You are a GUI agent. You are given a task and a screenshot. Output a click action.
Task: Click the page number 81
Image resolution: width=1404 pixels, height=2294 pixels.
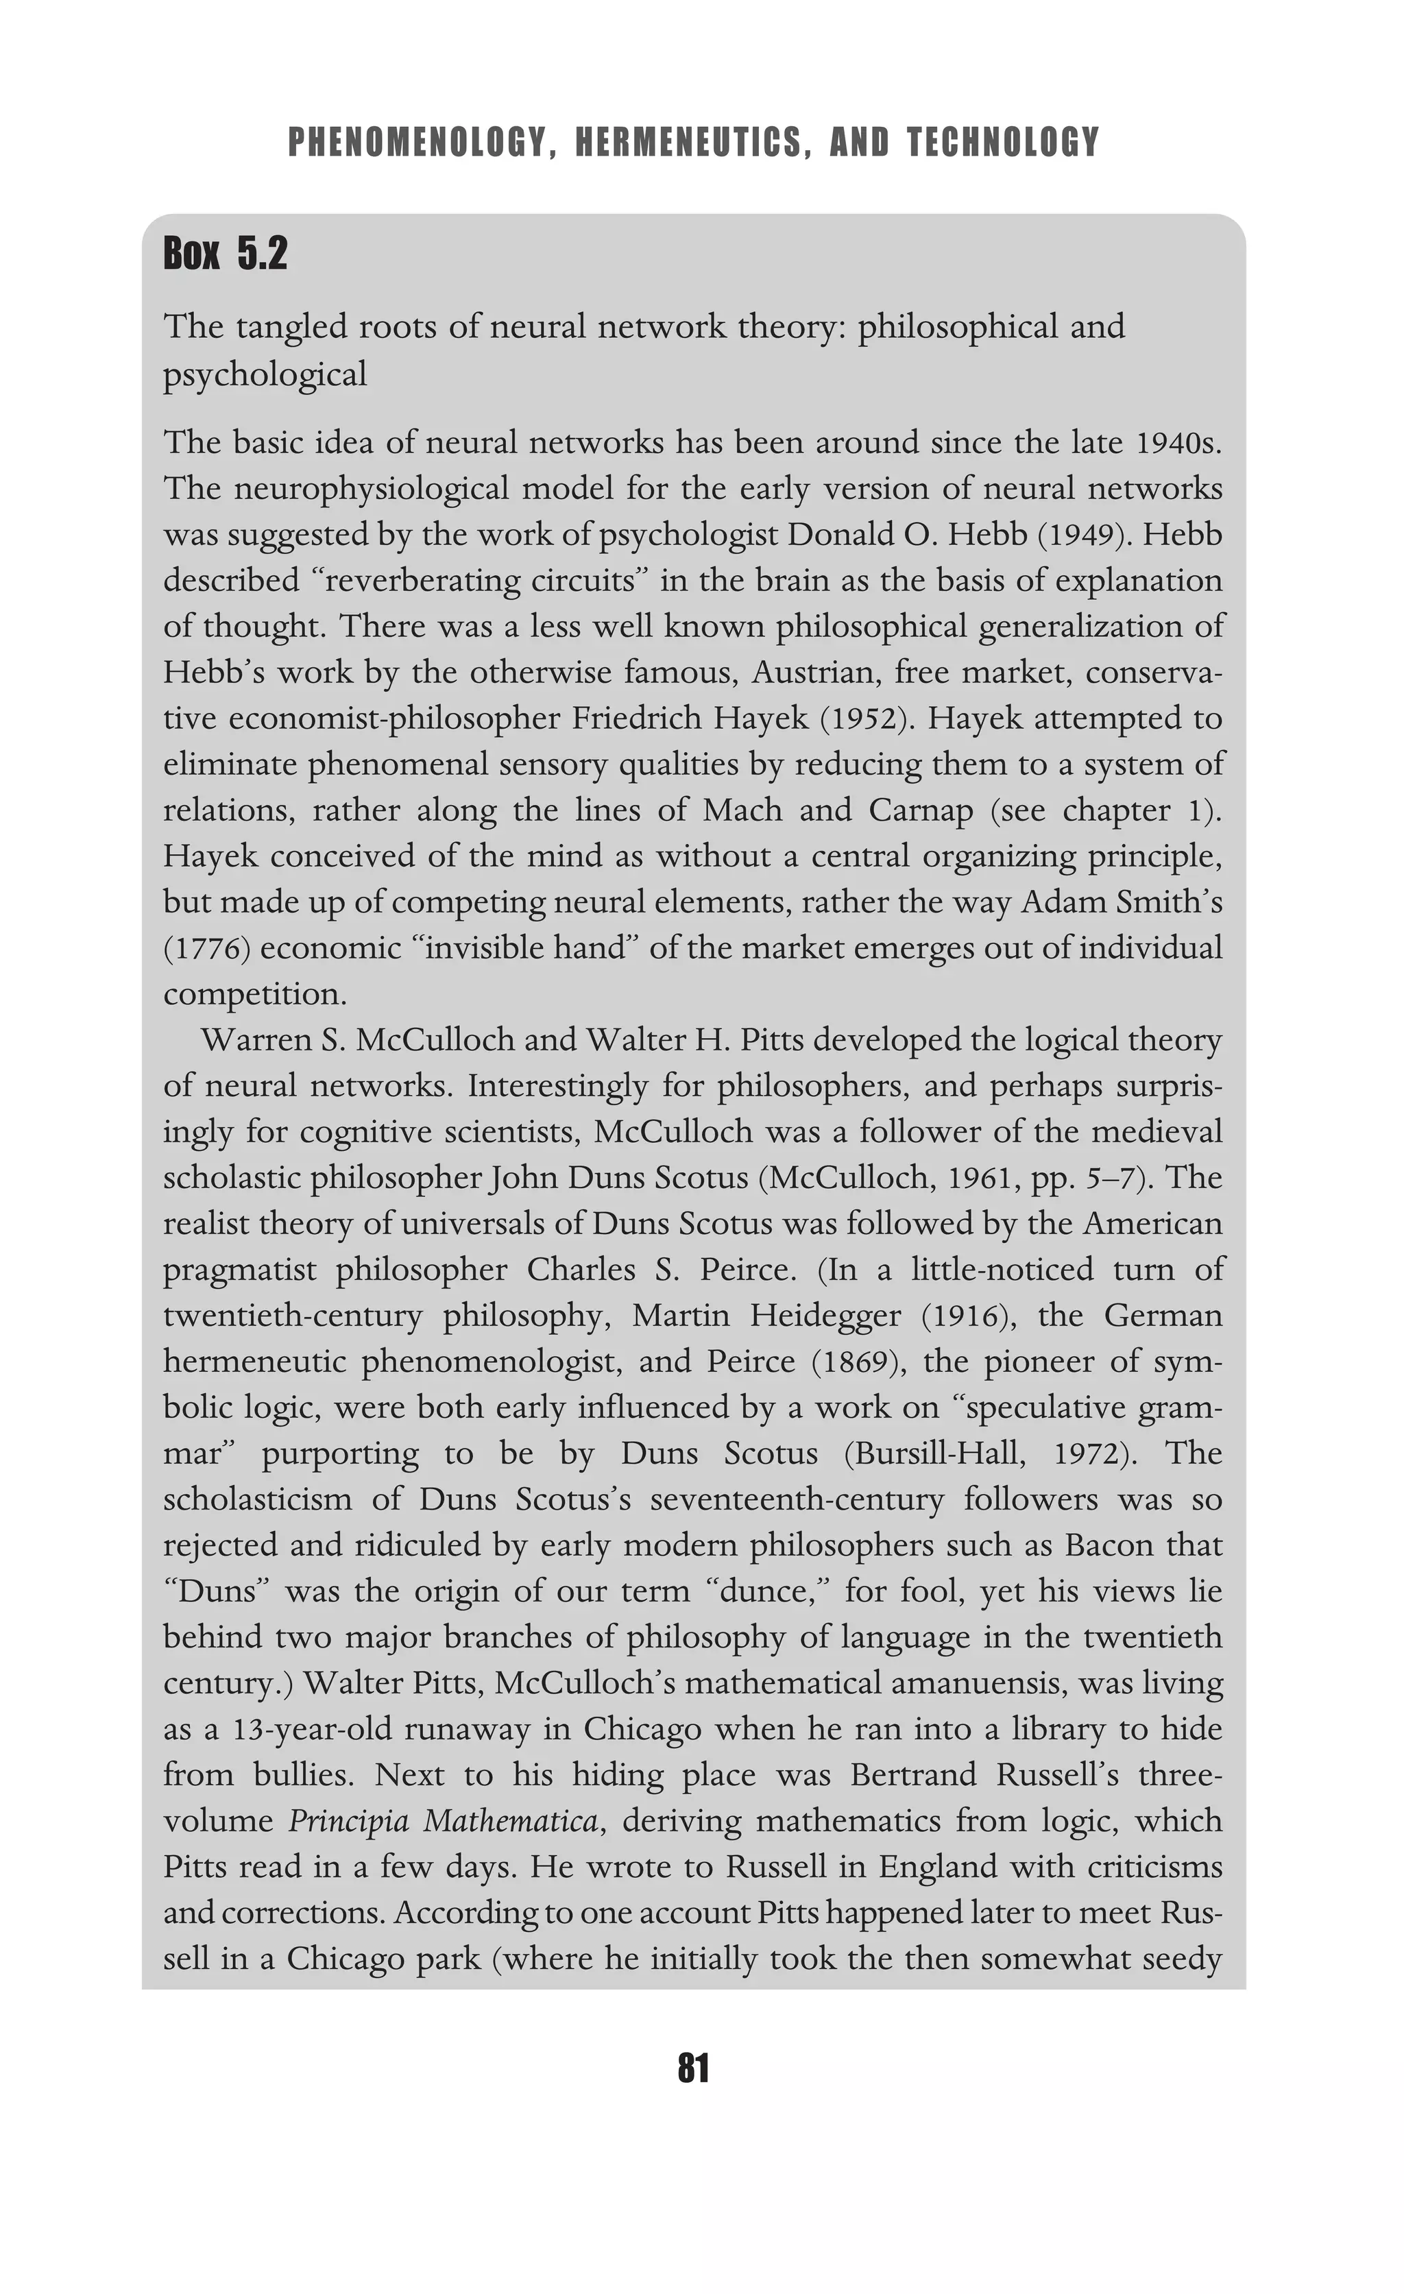694,2068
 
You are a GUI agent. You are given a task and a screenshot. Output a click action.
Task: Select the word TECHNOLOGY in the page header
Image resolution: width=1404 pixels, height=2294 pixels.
1003,143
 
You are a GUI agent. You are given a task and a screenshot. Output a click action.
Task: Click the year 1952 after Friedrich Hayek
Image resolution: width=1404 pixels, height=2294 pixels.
866,719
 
